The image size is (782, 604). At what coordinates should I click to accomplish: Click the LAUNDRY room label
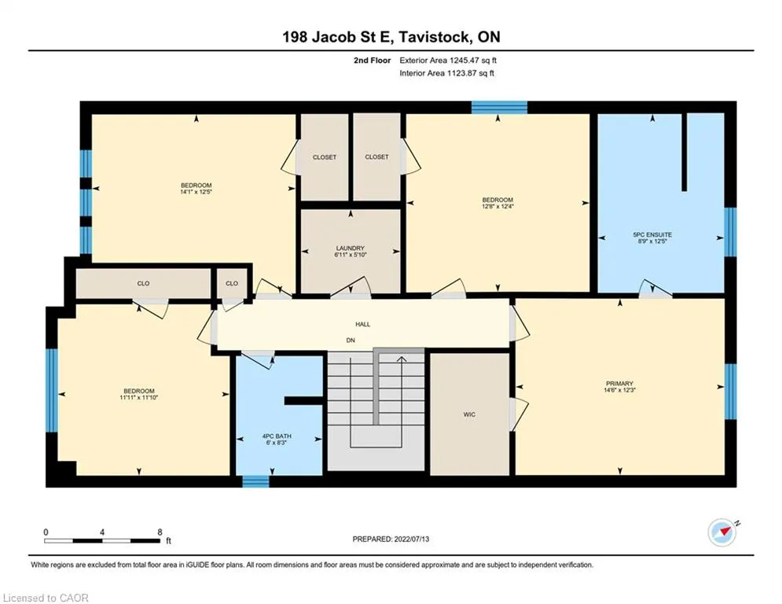coord(350,248)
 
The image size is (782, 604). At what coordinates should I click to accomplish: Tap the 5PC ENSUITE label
coord(652,234)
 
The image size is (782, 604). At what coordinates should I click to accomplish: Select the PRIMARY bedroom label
coord(619,384)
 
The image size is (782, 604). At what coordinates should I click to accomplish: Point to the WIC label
coord(469,414)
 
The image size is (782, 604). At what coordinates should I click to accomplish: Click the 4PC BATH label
coord(277,436)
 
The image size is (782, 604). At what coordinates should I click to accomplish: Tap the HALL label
coord(362,325)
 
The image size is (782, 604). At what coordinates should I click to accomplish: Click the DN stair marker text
coord(351,341)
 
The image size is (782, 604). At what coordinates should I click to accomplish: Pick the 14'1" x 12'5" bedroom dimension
coord(196,192)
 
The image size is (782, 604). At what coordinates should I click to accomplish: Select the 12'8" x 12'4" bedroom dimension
coord(497,206)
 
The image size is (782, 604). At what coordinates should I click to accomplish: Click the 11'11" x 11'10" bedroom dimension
coord(139,397)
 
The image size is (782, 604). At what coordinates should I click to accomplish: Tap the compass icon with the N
coord(722,532)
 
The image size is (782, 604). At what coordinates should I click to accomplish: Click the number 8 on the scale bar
coord(160,532)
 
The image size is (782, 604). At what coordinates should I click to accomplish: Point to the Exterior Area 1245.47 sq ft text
coord(448,61)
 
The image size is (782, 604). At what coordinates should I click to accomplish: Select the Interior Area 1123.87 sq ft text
coord(447,73)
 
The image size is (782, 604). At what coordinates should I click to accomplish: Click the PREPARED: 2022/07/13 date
coord(391,539)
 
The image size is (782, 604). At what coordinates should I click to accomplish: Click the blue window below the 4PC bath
coord(256,481)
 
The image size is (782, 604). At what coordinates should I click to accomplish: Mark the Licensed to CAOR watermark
coord(46,598)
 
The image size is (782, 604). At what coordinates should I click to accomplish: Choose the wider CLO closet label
coord(143,284)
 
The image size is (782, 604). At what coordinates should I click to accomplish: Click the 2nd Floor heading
coord(372,61)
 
